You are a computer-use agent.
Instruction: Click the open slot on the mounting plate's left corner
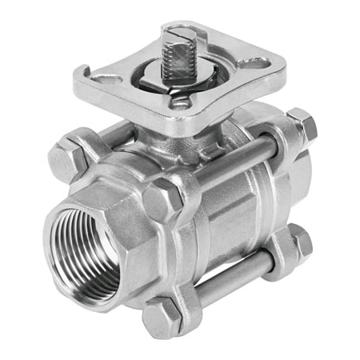102,78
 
